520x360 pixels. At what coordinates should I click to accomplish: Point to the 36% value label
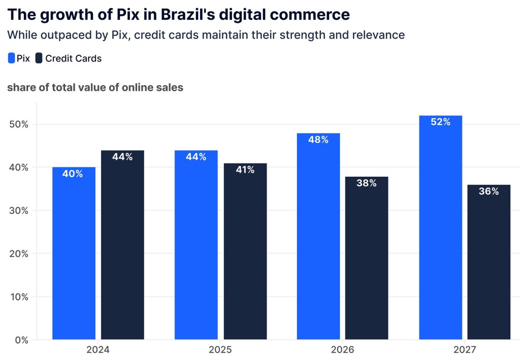(489, 191)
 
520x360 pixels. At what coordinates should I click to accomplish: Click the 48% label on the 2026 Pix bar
(318, 140)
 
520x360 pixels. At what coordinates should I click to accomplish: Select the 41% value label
(245, 170)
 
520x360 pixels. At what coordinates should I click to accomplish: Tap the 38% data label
(367, 183)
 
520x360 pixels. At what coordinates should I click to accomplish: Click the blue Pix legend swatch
(11, 58)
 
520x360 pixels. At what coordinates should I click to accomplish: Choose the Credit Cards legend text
(73, 58)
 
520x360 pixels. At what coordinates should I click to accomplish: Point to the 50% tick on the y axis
(19, 124)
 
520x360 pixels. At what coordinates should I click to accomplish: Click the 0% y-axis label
(22, 340)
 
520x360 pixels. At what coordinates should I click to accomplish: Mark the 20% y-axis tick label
(19, 253)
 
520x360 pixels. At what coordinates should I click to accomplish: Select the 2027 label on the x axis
(465, 350)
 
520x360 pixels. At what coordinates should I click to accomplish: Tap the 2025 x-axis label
(220, 350)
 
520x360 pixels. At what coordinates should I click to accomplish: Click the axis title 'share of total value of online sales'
(95, 87)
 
